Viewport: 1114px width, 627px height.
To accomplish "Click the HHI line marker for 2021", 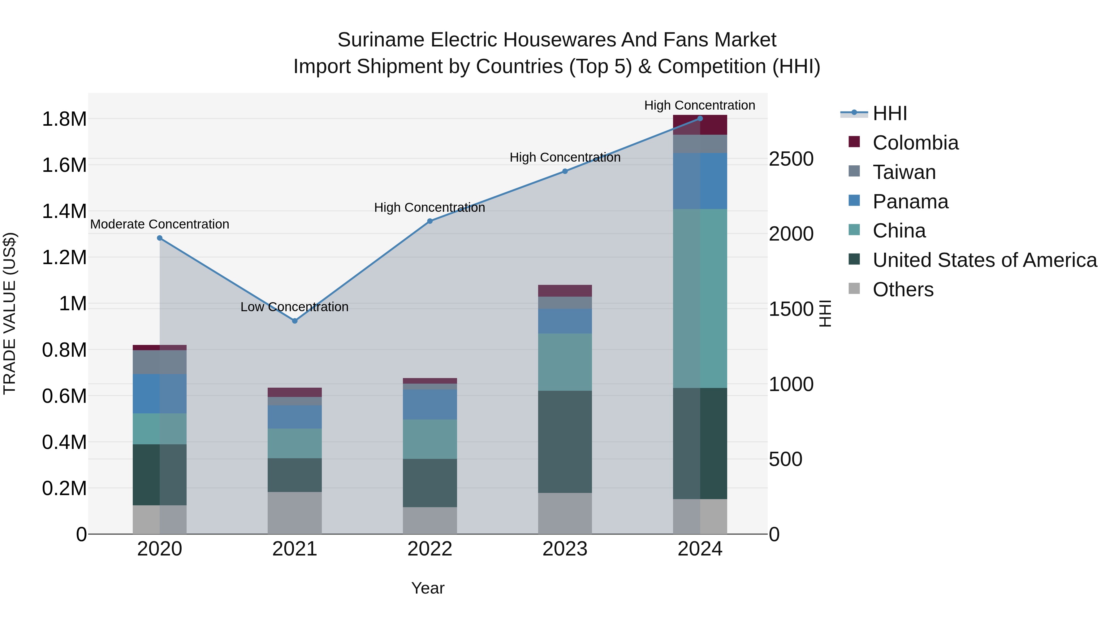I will (x=295, y=321).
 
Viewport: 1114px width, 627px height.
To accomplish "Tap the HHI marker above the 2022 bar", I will (x=430, y=221).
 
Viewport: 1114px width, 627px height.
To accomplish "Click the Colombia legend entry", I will (x=915, y=143).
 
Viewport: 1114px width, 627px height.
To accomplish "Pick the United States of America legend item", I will (x=984, y=260).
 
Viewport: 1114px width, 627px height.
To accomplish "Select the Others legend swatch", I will (x=854, y=289).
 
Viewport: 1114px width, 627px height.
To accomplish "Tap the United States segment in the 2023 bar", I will (x=565, y=441).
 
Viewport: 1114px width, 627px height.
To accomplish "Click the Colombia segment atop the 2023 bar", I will (x=565, y=291).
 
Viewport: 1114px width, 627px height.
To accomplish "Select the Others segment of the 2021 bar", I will (x=295, y=513).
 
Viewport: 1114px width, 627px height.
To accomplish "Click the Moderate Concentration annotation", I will (x=160, y=224).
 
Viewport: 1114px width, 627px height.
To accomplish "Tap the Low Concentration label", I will (x=295, y=307).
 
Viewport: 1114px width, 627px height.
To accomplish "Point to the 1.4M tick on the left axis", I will (x=64, y=211).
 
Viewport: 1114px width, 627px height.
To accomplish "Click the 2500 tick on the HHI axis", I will (x=791, y=159).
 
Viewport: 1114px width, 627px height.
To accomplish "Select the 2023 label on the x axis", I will (x=565, y=549).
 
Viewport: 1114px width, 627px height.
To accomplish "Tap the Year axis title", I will (x=428, y=588).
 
